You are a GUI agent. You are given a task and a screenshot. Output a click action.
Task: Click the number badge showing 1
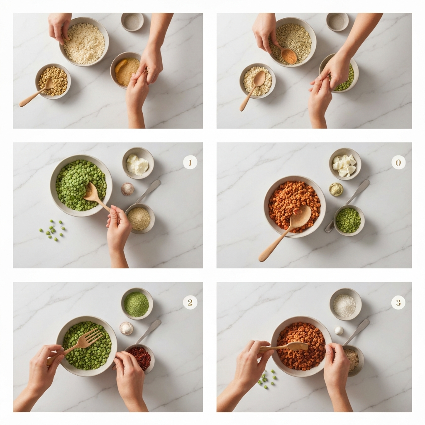[x=190, y=162]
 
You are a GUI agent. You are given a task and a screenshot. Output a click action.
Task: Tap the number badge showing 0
[x=398, y=162]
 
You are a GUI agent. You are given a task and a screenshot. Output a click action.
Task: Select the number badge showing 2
[x=190, y=302]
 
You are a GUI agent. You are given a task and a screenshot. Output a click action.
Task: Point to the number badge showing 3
[x=398, y=302]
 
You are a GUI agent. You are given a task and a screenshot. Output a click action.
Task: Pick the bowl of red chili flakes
[x=139, y=358]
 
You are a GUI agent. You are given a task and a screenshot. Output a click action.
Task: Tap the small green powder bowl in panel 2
[x=137, y=303]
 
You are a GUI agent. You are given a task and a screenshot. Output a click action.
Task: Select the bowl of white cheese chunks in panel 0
[x=345, y=164]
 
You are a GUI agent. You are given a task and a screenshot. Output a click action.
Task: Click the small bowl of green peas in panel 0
[x=349, y=220]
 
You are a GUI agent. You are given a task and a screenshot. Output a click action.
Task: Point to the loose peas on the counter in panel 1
[x=52, y=230]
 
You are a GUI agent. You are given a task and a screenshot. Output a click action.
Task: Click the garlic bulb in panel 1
[x=127, y=189]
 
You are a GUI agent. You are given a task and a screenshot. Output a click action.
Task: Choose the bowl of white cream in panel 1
[x=138, y=163]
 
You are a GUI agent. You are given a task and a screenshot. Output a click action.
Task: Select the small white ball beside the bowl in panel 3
[x=339, y=330]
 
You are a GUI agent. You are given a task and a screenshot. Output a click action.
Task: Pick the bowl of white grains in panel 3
[x=346, y=304]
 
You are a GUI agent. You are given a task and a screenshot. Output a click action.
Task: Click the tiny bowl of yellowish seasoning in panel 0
[x=336, y=189]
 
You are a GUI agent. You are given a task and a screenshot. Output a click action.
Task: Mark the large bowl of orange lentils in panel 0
[x=295, y=207]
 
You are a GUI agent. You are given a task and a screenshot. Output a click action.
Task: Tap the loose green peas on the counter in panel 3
[x=266, y=377]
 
